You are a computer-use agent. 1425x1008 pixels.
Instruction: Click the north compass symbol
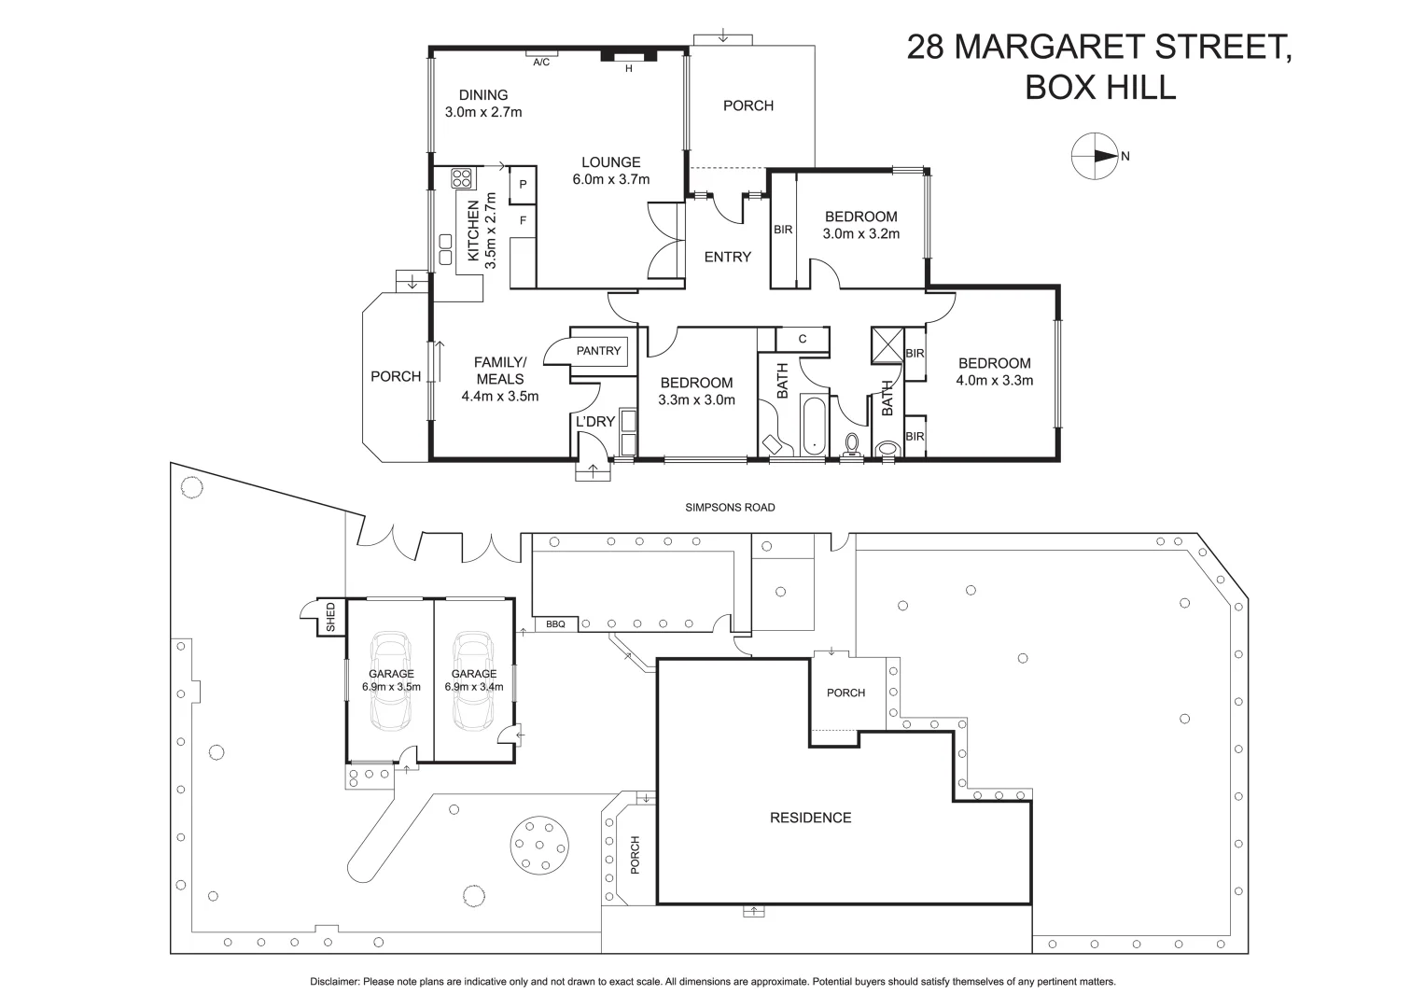pos(1093,157)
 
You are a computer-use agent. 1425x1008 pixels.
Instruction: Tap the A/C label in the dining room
pos(540,63)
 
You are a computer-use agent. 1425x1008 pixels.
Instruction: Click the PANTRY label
pos(598,351)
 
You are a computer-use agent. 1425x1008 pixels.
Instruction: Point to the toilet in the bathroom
pos(851,443)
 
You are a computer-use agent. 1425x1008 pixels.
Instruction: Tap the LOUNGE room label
pos(610,162)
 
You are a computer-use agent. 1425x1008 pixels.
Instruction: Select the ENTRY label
pos(727,257)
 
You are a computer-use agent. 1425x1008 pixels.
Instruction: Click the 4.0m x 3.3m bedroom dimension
pos(994,381)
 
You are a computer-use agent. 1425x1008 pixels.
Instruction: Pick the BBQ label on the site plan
pos(555,623)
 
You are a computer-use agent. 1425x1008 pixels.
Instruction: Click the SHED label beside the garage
pos(329,618)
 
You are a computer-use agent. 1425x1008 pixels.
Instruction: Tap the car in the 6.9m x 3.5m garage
pos(390,681)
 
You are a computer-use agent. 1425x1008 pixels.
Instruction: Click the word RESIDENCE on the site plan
pos(810,818)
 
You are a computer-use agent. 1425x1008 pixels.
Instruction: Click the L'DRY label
pos(594,422)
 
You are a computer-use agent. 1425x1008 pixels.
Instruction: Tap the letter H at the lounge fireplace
pos(628,68)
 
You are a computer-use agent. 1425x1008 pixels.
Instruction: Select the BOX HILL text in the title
pos(1099,88)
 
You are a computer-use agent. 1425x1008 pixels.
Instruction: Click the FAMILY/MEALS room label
pos(500,371)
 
